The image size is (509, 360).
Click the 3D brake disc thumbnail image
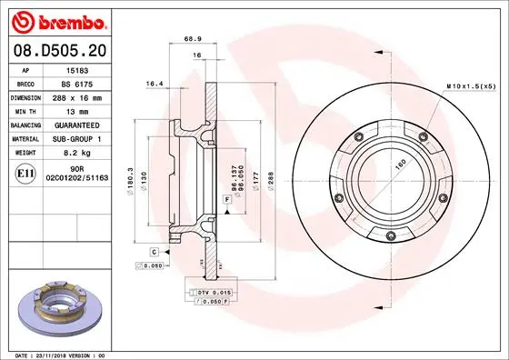(x=61, y=308)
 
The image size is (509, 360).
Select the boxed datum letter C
(x=155, y=251)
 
